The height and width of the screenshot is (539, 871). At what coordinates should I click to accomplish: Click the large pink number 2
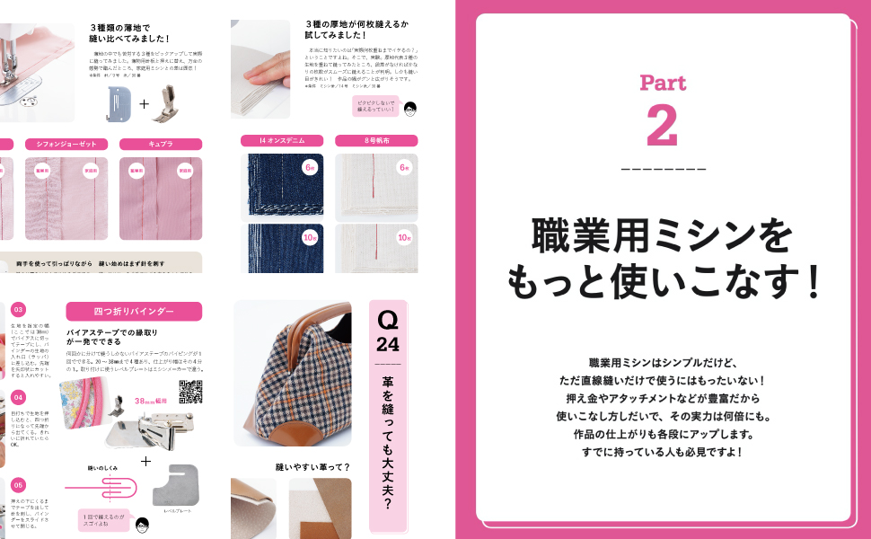pos(662,127)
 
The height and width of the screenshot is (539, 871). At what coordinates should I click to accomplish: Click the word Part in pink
pos(662,84)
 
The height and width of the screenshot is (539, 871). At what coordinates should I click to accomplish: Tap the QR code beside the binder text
pos(190,393)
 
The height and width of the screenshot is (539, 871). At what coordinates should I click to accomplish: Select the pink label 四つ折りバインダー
pos(134,311)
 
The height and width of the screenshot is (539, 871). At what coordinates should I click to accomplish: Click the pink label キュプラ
pos(161,144)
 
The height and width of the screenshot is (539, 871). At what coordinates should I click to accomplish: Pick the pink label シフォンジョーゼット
pos(67,144)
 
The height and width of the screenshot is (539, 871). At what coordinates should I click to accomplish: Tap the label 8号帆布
pos(375,141)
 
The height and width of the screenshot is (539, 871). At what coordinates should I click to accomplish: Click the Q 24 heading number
pos(388,331)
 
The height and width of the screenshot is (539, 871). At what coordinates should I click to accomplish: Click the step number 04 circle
pos(19,396)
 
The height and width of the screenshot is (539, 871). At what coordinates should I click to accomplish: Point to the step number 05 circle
pos(19,484)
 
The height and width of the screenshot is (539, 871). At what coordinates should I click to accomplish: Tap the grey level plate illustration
pos(179,486)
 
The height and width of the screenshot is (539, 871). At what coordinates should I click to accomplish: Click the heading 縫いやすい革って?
pos(312,466)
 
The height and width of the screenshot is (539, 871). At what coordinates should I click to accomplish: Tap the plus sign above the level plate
pos(145,461)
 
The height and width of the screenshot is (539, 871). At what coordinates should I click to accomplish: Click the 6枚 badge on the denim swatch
pos(310,167)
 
